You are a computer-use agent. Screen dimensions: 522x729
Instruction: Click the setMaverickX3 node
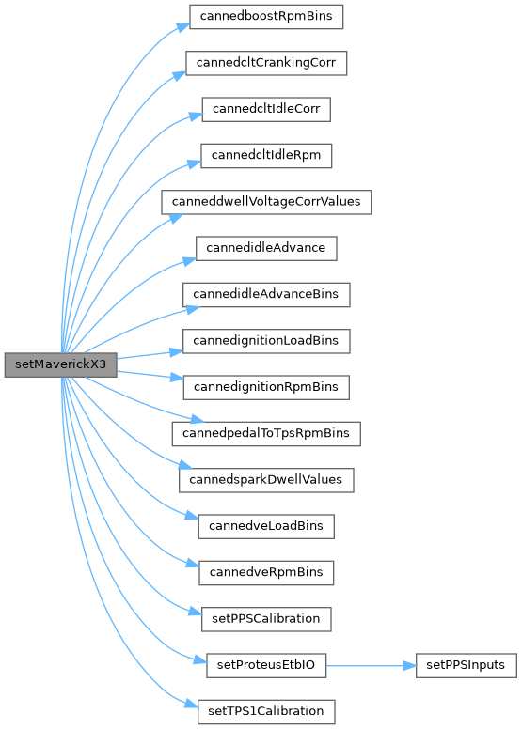[60, 364]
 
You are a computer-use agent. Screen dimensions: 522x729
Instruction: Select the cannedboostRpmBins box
[266, 17]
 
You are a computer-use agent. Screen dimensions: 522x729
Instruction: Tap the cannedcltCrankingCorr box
[266, 63]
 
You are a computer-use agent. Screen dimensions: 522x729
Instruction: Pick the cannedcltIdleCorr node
[266, 109]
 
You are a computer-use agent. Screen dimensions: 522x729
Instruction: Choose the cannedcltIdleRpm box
[266, 156]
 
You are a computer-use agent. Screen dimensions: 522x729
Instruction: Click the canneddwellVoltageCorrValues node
[266, 202]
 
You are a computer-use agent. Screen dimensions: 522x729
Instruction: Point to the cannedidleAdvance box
[266, 248]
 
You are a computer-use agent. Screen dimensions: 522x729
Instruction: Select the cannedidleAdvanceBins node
[266, 295]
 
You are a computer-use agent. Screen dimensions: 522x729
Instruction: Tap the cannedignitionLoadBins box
[266, 341]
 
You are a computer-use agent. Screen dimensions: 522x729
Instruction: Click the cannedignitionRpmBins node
[266, 387]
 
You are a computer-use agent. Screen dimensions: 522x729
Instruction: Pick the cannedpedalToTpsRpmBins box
[266, 434]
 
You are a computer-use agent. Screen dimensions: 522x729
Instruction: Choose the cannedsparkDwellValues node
[266, 480]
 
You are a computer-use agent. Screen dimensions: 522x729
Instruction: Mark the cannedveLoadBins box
[266, 526]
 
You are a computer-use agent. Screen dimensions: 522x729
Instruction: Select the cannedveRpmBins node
[266, 573]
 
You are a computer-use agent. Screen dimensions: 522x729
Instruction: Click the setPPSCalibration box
[266, 619]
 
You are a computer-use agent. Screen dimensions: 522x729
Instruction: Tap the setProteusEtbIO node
[266, 665]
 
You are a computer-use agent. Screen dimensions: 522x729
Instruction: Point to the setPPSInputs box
[467, 665]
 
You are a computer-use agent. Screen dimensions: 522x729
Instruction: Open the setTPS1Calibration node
[266, 712]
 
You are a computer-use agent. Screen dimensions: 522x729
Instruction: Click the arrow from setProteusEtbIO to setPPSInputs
[371, 666]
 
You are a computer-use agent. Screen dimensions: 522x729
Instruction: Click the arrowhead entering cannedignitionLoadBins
[176, 352]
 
